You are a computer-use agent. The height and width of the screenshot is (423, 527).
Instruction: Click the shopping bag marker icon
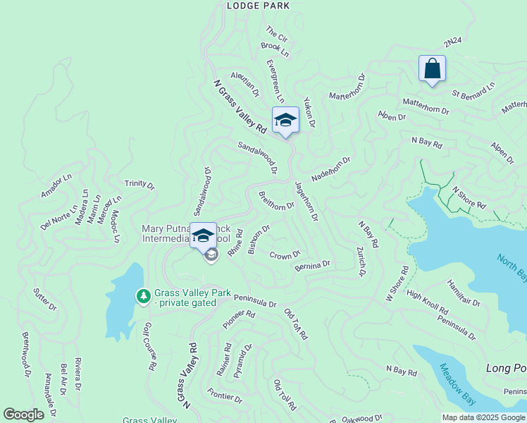[x=432, y=69]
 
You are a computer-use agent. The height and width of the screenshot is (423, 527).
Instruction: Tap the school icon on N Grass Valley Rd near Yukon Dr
[x=285, y=120]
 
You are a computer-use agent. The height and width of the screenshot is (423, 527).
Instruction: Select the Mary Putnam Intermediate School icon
[x=203, y=235]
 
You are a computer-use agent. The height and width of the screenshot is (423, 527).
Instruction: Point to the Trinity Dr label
[x=139, y=185]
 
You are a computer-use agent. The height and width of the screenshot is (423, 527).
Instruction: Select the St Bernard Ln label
[x=473, y=89]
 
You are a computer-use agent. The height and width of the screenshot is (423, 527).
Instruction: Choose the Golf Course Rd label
[x=149, y=347]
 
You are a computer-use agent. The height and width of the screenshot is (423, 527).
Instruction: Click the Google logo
[x=24, y=415]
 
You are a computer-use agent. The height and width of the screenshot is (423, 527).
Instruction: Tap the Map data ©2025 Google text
[x=483, y=417]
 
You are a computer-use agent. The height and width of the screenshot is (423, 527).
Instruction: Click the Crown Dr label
[x=285, y=255]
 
